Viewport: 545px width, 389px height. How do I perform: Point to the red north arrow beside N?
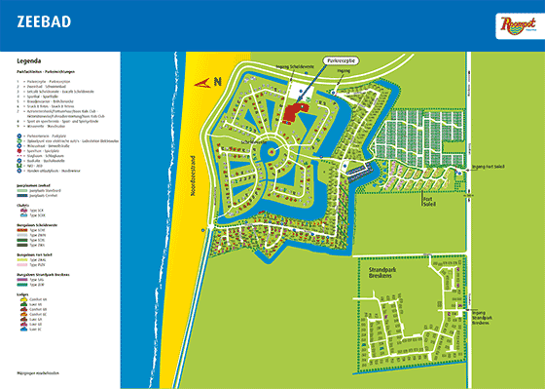click(203, 84)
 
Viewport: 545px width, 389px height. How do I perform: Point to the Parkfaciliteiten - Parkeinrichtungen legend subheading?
click(45, 71)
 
